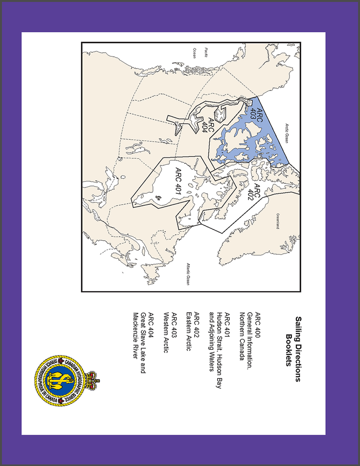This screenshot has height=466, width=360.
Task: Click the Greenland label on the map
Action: pos(278,221)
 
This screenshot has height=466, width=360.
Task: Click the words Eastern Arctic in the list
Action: pos(188,332)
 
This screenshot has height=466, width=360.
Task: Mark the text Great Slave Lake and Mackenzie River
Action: pos(139,342)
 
